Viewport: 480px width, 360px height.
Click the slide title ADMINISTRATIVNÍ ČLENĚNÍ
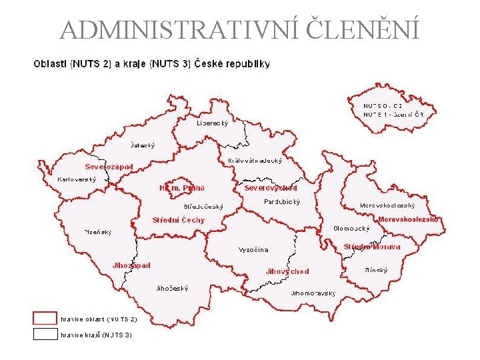(240, 29)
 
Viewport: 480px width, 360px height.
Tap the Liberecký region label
(213, 123)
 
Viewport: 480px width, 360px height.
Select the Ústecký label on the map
(142, 145)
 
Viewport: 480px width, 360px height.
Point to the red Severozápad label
(109, 167)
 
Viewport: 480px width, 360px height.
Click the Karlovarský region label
(77, 179)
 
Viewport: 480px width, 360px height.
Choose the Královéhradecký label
(255, 161)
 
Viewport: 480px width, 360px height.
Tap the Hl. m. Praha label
(182, 188)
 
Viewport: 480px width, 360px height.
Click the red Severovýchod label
(271, 188)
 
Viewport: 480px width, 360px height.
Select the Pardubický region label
(282, 201)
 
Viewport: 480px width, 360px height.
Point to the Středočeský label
(204, 207)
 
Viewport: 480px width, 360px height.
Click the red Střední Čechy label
(179, 220)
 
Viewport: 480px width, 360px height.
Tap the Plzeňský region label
(98, 232)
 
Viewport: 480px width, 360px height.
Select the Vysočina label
(253, 250)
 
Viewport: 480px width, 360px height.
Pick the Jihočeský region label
(171, 289)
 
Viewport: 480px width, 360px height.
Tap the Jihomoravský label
(313, 293)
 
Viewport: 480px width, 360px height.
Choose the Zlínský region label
(376, 270)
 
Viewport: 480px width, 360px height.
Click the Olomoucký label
(351, 228)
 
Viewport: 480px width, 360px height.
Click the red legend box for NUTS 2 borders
(45, 319)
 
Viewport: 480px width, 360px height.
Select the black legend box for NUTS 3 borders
(45, 334)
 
